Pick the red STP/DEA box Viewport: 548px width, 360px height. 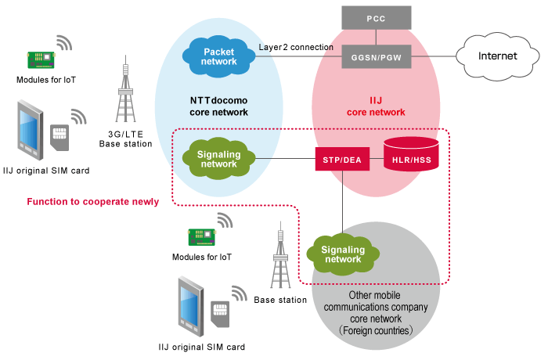point(341,159)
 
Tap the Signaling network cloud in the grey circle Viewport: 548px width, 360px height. point(343,254)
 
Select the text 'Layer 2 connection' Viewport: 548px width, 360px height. point(295,47)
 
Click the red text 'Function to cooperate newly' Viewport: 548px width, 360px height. point(93,201)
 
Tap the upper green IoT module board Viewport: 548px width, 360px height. point(40,59)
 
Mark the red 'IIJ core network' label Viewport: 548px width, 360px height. point(376,106)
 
